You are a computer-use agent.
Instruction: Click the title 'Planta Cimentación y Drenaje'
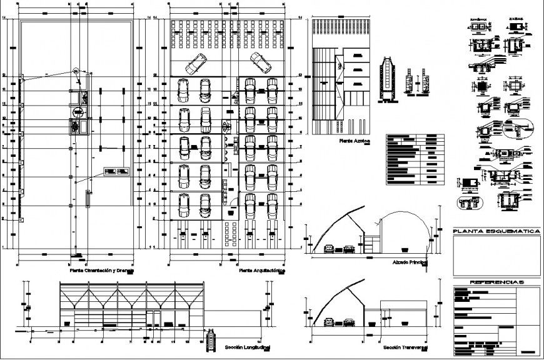tap(101, 271)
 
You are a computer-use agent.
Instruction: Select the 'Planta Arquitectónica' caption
tap(262, 272)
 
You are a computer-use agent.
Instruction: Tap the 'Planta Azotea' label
tap(355, 142)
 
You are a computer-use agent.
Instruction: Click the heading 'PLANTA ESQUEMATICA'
tap(496, 232)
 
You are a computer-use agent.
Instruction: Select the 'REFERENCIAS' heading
tap(496, 282)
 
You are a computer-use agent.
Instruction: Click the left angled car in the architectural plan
tap(198, 63)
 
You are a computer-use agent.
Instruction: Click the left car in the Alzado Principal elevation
tap(330, 251)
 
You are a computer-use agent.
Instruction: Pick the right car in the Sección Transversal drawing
tap(349, 322)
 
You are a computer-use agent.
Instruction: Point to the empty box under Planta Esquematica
tap(496, 255)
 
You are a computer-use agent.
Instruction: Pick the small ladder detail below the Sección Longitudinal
tap(209, 344)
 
